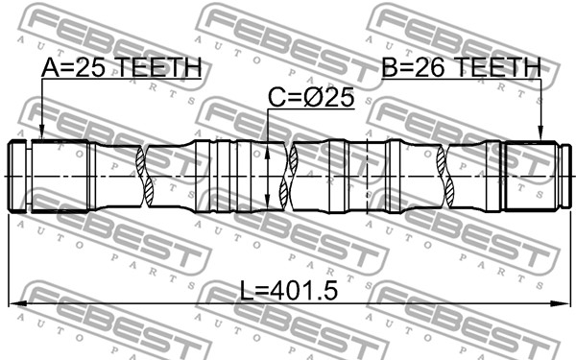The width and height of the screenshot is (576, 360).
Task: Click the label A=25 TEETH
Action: (x=121, y=67)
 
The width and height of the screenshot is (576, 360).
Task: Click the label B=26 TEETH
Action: (x=462, y=67)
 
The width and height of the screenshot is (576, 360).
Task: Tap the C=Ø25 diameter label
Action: (x=311, y=98)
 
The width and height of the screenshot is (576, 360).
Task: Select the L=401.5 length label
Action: (x=288, y=290)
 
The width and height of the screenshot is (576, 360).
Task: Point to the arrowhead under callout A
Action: (x=42, y=132)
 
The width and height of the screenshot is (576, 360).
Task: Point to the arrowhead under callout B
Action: (x=540, y=132)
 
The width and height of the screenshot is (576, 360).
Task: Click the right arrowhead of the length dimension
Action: (x=561, y=303)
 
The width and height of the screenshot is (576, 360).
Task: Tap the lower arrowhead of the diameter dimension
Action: (x=268, y=203)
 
